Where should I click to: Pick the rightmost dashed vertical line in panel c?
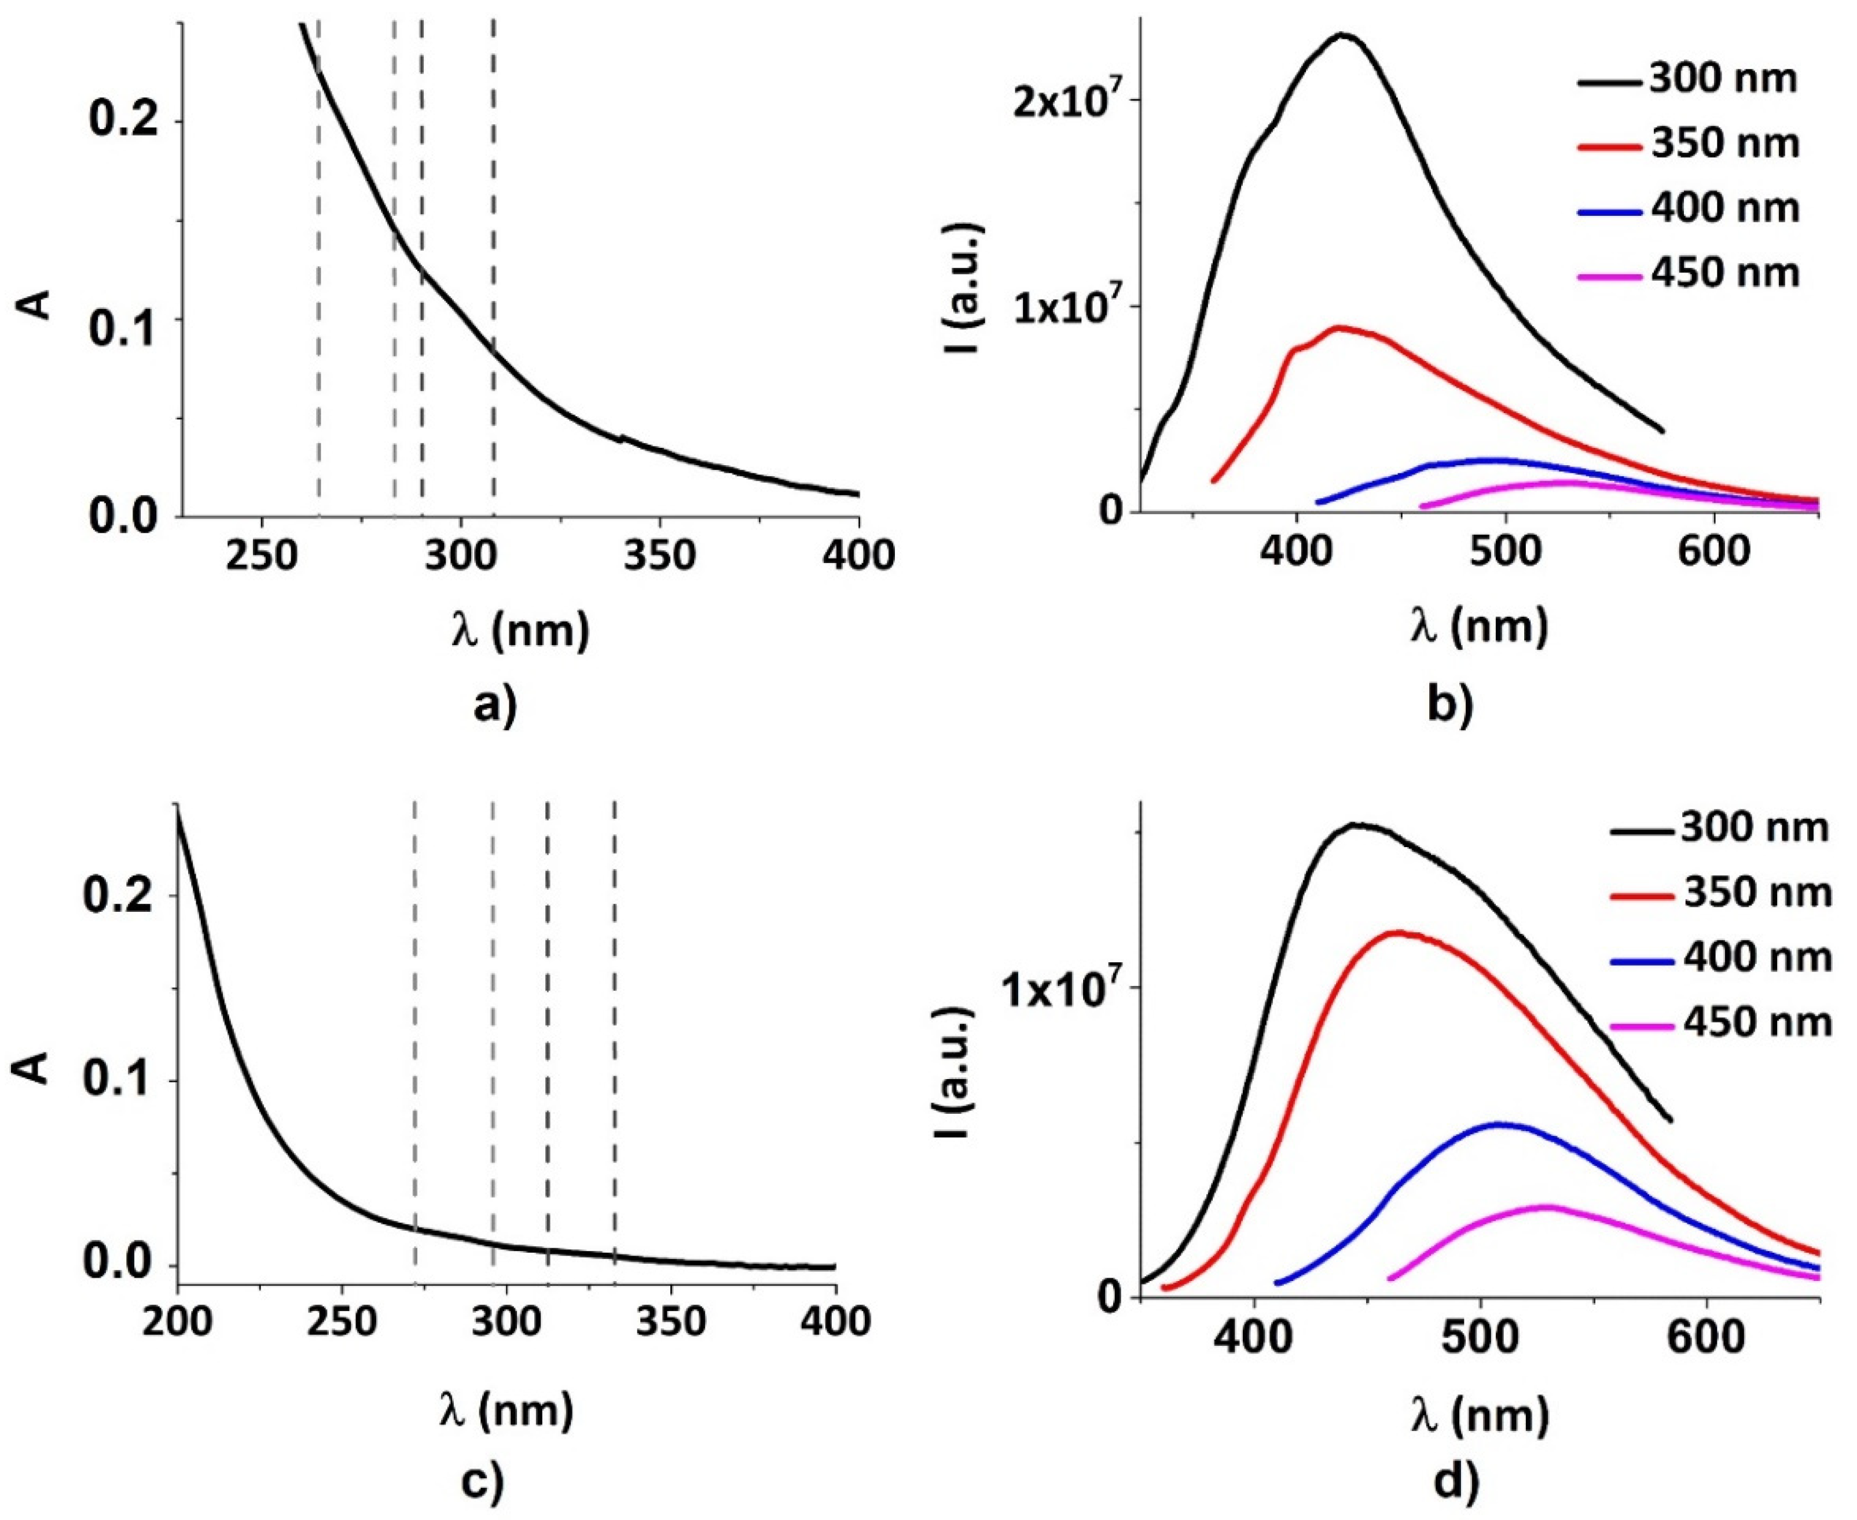[x=614, y=1033]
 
